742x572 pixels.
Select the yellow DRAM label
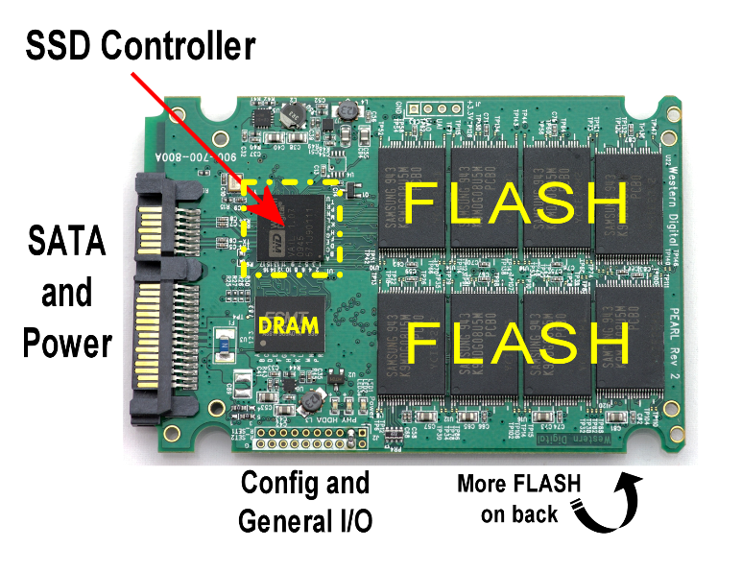(x=288, y=325)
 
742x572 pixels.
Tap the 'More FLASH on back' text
(x=519, y=498)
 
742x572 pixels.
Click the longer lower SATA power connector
(x=158, y=337)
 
